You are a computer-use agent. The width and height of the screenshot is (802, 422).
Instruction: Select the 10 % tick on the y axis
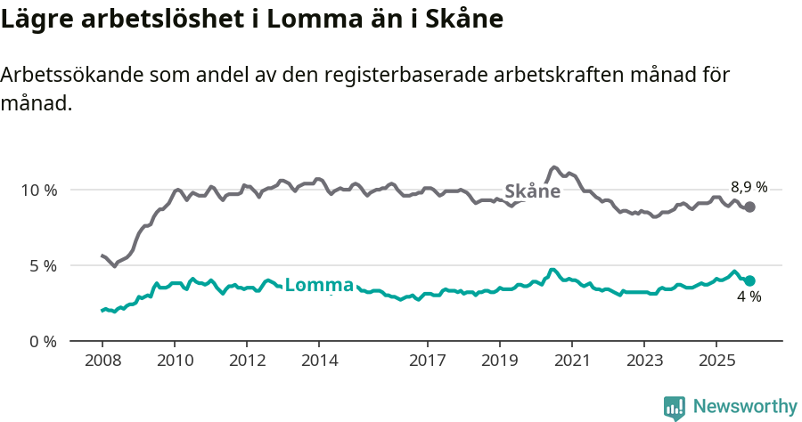[38, 190]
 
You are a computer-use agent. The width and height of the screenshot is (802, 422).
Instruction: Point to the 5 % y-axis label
[42, 265]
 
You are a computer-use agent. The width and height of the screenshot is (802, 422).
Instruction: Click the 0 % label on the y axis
[42, 341]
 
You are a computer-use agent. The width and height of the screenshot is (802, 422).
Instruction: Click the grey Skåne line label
[532, 191]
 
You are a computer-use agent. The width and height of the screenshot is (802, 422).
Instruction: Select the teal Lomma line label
[319, 286]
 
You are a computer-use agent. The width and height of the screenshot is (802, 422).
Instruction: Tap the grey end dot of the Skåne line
[750, 207]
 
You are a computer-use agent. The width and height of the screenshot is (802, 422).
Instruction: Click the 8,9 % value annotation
[749, 187]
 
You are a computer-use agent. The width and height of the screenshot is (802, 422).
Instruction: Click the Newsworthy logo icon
[675, 408]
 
